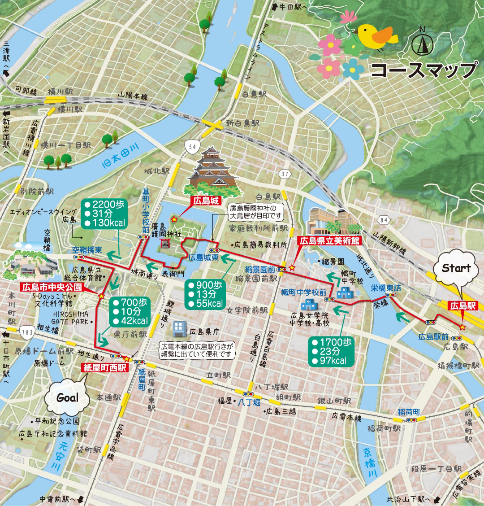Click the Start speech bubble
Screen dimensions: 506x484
click(x=456, y=269)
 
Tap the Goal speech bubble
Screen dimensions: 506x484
click(x=67, y=397)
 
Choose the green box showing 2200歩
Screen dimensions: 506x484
click(x=104, y=214)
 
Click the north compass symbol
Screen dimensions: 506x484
click(x=422, y=43)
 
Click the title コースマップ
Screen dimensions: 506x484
click(x=424, y=70)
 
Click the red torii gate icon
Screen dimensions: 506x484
click(x=165, y=243)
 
